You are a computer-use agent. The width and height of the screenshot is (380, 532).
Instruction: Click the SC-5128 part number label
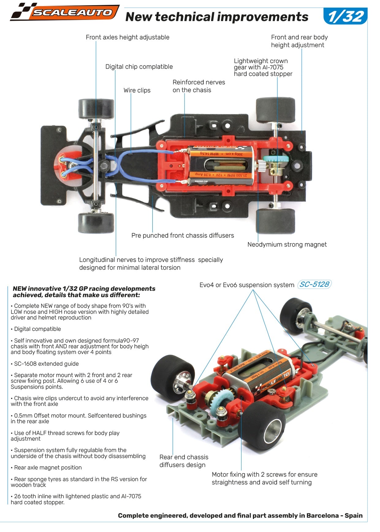tap(314, 284)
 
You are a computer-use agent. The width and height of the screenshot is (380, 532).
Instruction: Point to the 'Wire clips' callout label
tap(137, 90)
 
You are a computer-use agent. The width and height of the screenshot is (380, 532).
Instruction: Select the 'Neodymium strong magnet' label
tap(287, 245)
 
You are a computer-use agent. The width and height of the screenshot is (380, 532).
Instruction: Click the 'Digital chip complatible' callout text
tap(139, 67)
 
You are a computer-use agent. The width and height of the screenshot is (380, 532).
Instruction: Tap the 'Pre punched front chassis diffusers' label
tap(182, 235)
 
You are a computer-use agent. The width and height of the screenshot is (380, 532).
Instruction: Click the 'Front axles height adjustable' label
tap(127, 37)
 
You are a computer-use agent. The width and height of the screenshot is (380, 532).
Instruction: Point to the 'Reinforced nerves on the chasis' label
tap(199, 86)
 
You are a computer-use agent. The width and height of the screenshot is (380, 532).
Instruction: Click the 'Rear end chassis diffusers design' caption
tap(184, 461)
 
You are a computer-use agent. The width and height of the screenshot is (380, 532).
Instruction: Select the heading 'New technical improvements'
tap(217, 17)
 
